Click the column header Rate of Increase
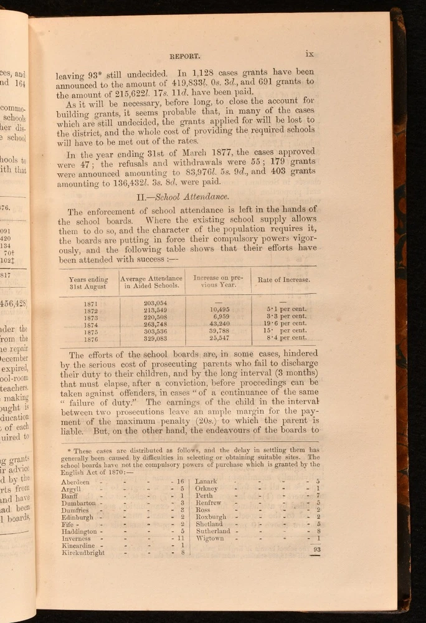pyautogui.click(x=284, y=280)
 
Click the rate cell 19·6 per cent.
pyautogui.click(x=286, y=323)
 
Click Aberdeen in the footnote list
pyautogui.click(x=76, y=482)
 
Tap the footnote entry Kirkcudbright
pyautogui.click(x=83, y=552)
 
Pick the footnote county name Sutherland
pyautogui.click(x=213, y=531)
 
